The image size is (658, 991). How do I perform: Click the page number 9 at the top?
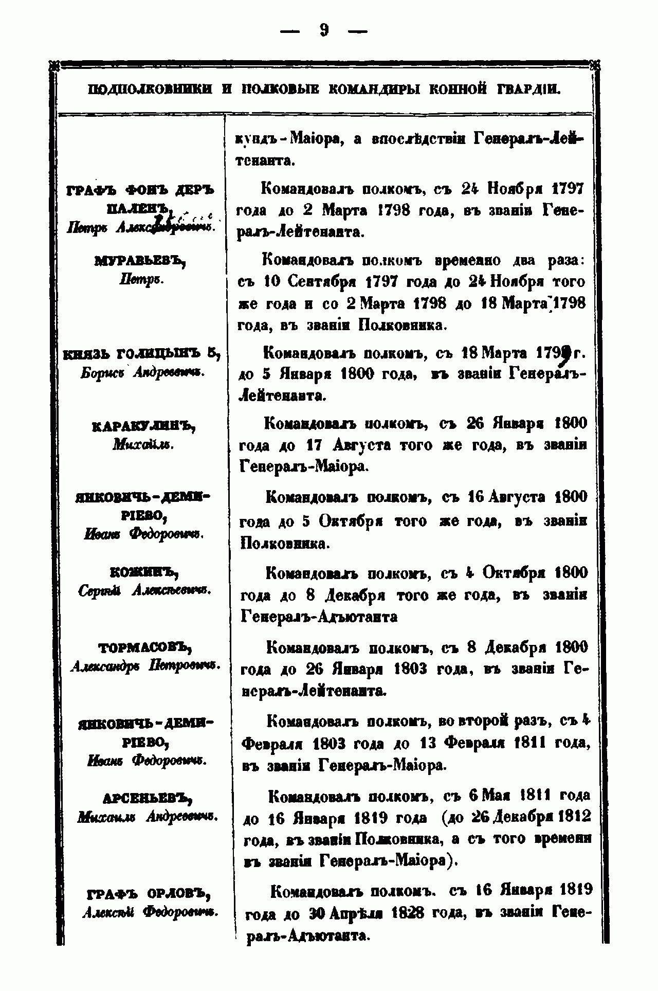point(324,30)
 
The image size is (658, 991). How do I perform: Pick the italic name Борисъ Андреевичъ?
point(142,373)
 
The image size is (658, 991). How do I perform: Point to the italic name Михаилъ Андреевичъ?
point(148,817)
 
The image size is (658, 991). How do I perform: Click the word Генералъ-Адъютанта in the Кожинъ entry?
point(319,617)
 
